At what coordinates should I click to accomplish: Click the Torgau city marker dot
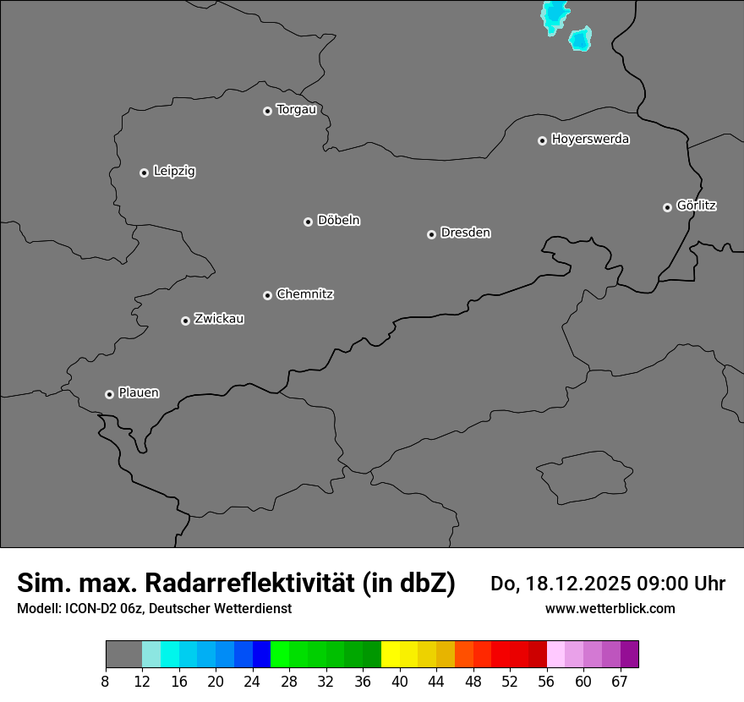pos(267,111)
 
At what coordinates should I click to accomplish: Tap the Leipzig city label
pos(174,171)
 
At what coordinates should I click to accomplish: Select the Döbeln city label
pos(338,220)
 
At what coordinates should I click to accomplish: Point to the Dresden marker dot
pos(431,234)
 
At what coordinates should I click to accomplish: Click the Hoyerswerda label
pos(590,139)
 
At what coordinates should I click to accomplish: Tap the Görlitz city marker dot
pos(667,207)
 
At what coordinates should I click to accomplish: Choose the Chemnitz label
pos(304,294)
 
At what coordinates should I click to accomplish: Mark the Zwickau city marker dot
pos(185,321)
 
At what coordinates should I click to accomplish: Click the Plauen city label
pos(139,392)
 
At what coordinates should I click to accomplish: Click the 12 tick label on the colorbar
pos(141,681)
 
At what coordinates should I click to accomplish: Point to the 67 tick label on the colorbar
pos(620,681)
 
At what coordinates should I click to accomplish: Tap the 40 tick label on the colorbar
pos(399,681)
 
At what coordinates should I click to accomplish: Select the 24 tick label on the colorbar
pos(252,681)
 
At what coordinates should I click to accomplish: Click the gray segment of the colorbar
pos(123,655)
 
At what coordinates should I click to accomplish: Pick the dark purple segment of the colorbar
pos(630,655)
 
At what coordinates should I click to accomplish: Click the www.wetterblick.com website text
pos(610,608)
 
